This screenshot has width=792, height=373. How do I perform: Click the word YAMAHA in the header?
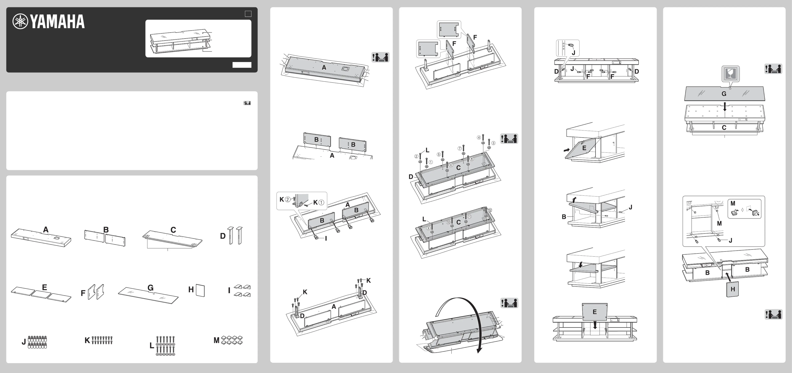[x=58, y=21]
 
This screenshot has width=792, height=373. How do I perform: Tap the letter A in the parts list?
[x=46, y=229]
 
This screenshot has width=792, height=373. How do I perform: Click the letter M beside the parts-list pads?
[x=216, y=340]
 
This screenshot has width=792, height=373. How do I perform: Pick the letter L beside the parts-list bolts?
[x=152, y=346]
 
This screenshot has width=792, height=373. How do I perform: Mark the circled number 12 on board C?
[x=490, y=210]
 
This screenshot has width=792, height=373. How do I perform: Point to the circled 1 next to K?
[x=321, y=203]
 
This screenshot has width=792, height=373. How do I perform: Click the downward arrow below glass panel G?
[x=725, y=107]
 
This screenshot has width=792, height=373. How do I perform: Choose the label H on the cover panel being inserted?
[x=733, y=289]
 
